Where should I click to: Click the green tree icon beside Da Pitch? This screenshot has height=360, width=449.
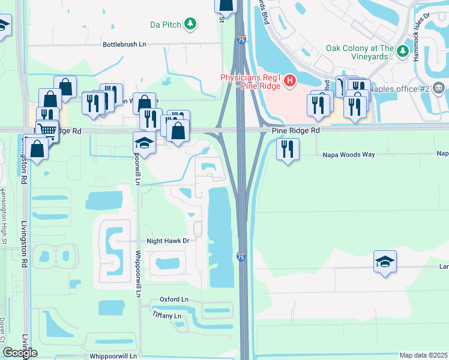tap(190, 24)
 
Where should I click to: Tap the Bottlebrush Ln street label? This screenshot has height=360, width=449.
tap(124, 44)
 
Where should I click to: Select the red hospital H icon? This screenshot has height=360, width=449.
tap(290, 80)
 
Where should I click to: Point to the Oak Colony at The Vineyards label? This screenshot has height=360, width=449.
tap(360, 52)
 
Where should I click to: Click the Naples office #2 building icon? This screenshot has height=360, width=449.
tap(439, 89)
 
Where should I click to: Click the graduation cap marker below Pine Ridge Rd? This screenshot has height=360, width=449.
tap(145, 143)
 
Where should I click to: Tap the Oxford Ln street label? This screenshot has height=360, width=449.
tap(173, 299)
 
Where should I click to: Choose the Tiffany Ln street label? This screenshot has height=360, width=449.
tap(166, 316)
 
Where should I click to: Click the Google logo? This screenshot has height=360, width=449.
tap(20, 353)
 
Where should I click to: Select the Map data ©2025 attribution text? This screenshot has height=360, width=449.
tap(423, 355)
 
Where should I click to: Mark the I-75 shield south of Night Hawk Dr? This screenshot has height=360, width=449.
tap(241, 256)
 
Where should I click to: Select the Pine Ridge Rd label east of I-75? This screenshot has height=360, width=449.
tap(295, 130)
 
